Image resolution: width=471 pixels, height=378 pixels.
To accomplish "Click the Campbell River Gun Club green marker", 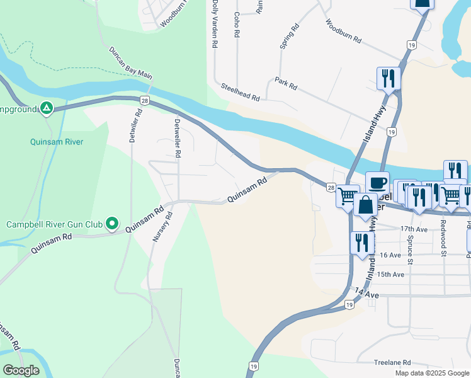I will [x=111, y=224].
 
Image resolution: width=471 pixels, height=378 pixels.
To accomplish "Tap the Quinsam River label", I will [x=57, y=142].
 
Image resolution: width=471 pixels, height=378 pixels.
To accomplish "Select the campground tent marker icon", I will [x=46, y=108].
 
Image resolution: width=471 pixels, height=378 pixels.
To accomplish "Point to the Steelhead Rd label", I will [x=240, y=92].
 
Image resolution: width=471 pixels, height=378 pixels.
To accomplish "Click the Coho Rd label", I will [x=237, y=25].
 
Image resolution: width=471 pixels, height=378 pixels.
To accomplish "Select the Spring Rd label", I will [x=290, y=37].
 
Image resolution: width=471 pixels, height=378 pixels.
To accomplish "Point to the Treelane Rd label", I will [x=392, y=362].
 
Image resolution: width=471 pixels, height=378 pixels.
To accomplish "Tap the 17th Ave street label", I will [x=414, y=229].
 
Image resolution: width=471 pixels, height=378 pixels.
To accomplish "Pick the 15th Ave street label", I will [x=390, y=275].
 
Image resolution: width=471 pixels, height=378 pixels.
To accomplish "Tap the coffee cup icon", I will [x=377, y=183].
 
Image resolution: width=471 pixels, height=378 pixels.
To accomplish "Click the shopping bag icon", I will [x=365, y=205].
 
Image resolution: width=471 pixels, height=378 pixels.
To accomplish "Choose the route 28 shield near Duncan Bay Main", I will [x=145, y=101].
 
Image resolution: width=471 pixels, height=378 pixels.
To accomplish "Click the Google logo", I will [x=21, y=370].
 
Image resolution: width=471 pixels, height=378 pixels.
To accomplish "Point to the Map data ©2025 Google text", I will [x=431, y=373].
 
